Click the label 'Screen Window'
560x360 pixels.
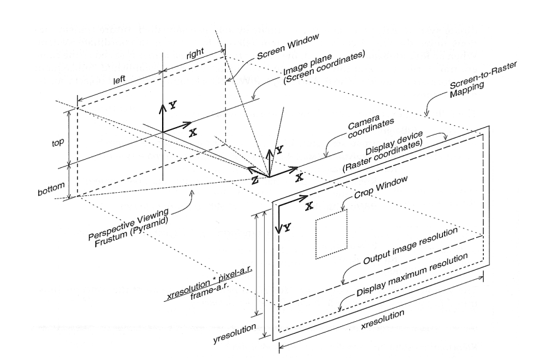pyautogui.click(x=288, y=46)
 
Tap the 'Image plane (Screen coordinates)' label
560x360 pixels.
pyautogui.click(x=323, y=67)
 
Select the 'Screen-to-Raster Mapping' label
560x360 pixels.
pyautogui.click(x=482, y=80)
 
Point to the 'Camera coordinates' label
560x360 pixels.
pyautogui.click(x=370, y=127)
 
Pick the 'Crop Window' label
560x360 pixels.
pyautogui.click(x=380, y=187)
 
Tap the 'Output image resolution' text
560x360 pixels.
pyautogui.click(x=410, y=245)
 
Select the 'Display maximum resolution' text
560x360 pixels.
pyautogui.click(x=412, y=274)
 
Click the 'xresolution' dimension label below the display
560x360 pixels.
pyautogui.click(x=382, y=321)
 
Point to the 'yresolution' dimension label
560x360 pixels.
pyautogui.click(x=235, y=334)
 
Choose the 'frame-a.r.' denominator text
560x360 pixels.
pyautogui.click(x=210, y=292)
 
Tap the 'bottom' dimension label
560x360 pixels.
pyautogui.click(x=51, y=189)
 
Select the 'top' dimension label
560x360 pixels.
pyautogui.click(x=58, y=143)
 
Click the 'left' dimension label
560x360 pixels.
pyautogui.click(x=120, y=80)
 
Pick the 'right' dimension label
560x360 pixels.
pyautogui.click(x=195, y=53)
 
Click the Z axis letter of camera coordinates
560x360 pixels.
pyautogui.click(x=255, y=181)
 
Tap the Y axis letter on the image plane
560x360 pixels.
pyautogui.click(x=173, y=105)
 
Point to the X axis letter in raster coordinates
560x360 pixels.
pyautogui.click(x=309, y=206)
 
